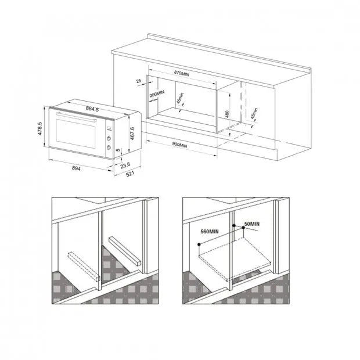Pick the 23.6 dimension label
coord(125,164)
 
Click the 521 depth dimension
coord(130,175)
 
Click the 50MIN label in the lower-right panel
coord(251,224)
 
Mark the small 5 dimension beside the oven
coord(118,150)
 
